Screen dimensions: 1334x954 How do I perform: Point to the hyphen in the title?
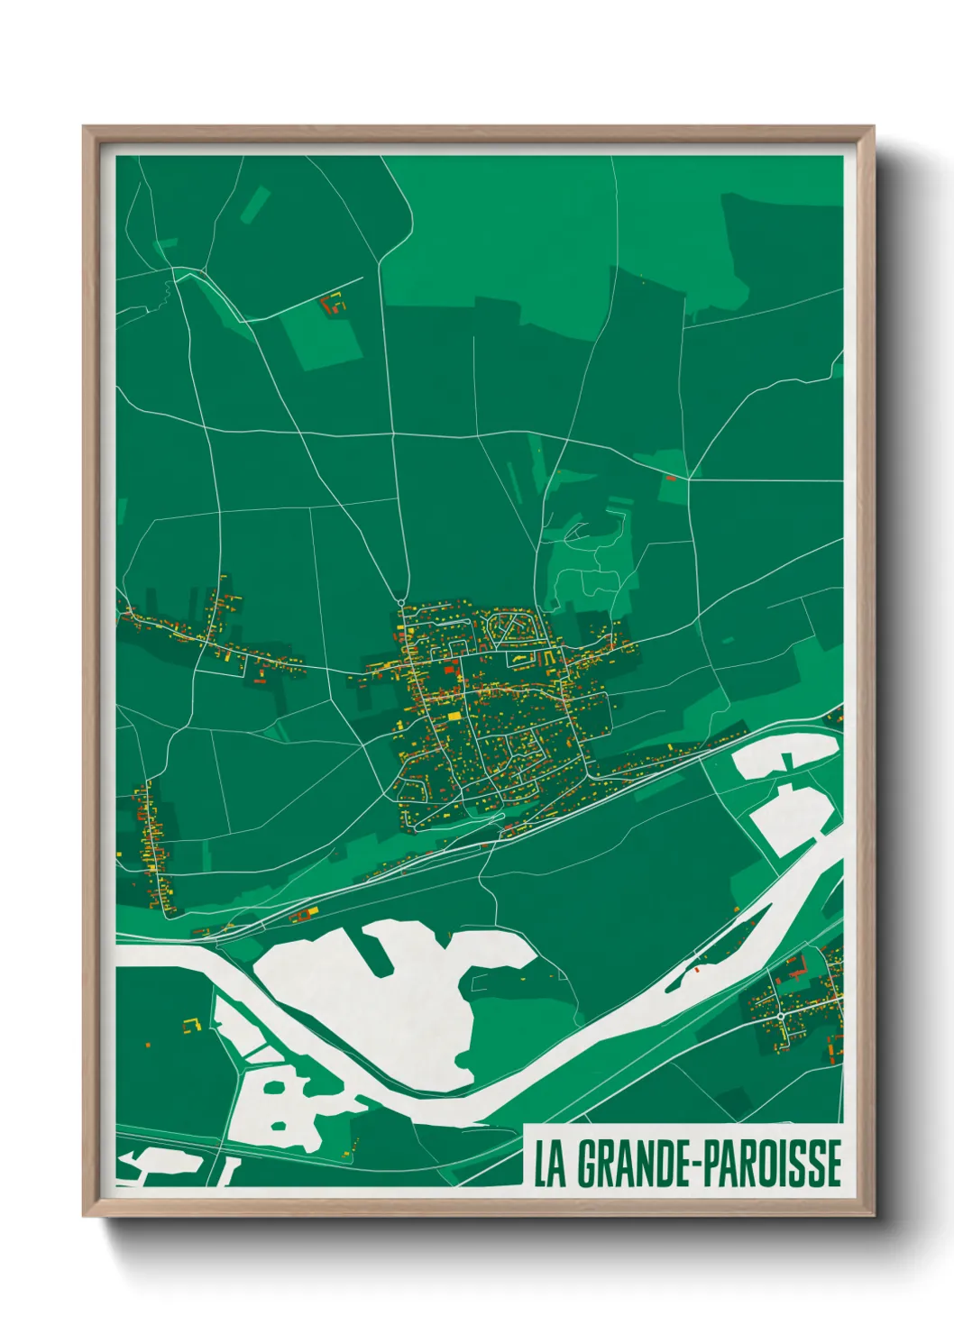click(x=694, y=1165)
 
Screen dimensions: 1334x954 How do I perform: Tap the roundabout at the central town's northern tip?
click(x=400, y=600)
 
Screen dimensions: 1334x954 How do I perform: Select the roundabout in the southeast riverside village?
click(x=780, y=1016)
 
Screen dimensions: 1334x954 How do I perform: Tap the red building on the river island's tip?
click(x=696, y=972)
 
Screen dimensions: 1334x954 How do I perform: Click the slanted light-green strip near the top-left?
click(x=255, y=205)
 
